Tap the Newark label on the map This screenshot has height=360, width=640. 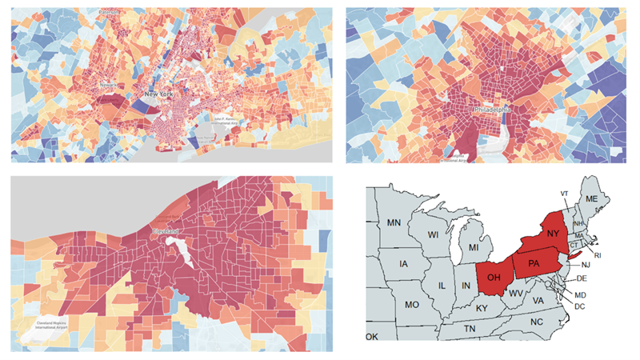click(108, 82)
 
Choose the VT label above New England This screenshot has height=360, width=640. click(565, 194)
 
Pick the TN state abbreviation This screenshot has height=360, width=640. click(470, 329)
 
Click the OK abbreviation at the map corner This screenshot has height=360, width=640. click(372, 337)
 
